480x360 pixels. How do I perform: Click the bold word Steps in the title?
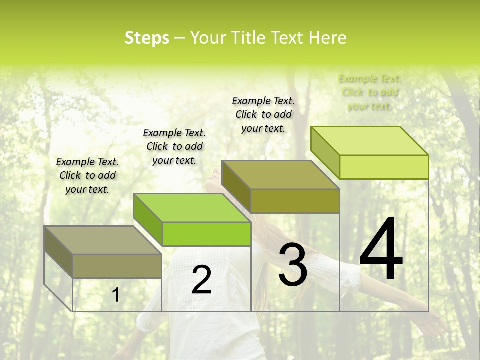[x=147, y=38]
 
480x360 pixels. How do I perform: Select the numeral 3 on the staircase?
[x=292, y=264]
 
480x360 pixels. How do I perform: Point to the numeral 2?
[x=201, y=280]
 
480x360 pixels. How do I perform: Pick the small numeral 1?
[x=115, y=295]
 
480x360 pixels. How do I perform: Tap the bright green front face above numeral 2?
[x=206, y=234]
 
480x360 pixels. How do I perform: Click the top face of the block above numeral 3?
[x=280, y=175]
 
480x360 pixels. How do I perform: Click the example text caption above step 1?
[x=87, y=175]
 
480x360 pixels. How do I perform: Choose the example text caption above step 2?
[x=174, y=146]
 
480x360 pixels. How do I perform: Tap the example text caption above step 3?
[x=263, y=114]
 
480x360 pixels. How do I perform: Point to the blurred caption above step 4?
[x=370, y=92]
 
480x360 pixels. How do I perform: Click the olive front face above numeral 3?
[x=295, y=201]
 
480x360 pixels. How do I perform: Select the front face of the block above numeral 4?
[x=384, y=167]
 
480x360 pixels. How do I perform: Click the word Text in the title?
[x=287, y=38]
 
